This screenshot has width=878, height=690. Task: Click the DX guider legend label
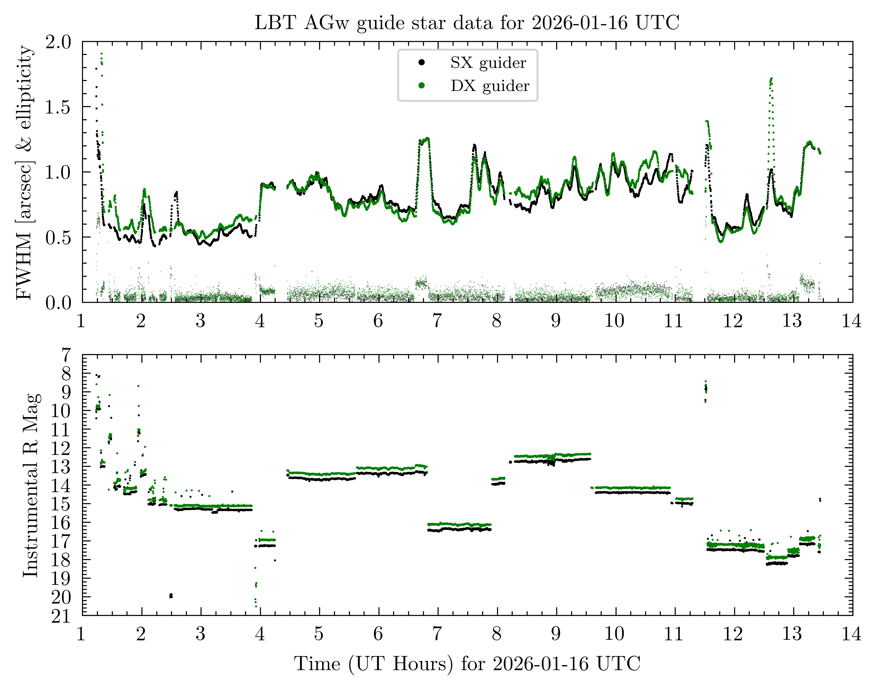pos(490,86)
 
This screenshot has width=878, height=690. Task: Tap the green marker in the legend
pos(421,85)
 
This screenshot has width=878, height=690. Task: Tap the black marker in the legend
pos(421,62)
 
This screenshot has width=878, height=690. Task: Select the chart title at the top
pos(467,23)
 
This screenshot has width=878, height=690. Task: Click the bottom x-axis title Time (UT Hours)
pos(467,664)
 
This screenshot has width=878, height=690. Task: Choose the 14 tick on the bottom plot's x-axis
pos(851,634)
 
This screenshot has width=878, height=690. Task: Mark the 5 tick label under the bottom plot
pos(319,634)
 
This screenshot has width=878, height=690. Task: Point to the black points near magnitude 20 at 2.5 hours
pos(171,596)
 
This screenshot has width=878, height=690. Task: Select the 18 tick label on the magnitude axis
pos(61,560)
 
